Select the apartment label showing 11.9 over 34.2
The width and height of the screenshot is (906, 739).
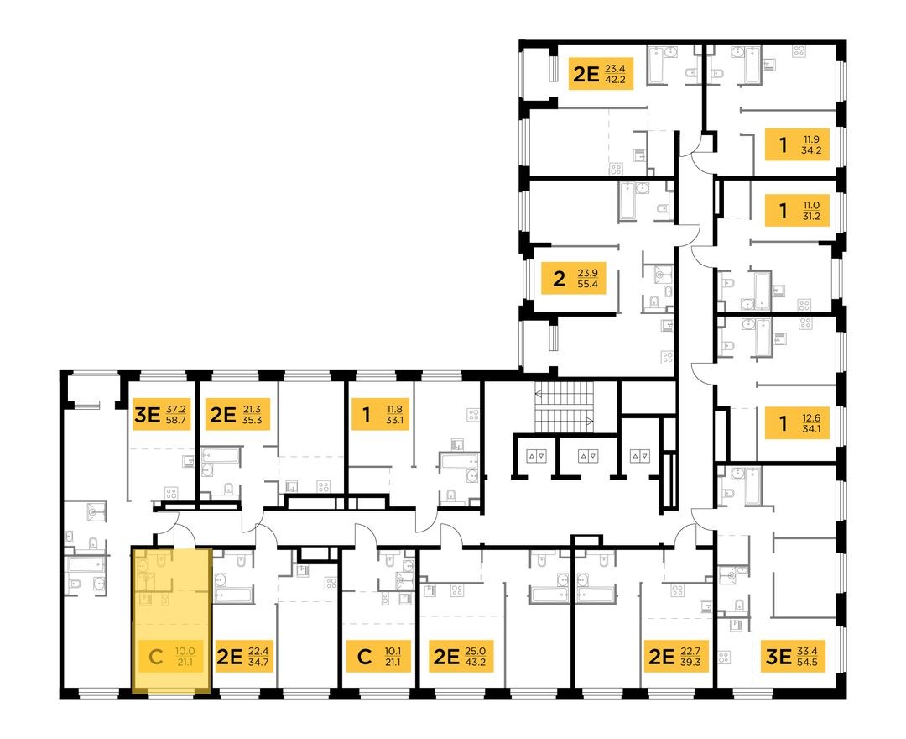799,144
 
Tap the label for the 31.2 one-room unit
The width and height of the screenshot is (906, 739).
799,210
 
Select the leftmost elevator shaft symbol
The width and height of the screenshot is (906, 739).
535,456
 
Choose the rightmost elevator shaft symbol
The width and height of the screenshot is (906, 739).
639,456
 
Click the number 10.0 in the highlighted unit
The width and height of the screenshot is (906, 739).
185,650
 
